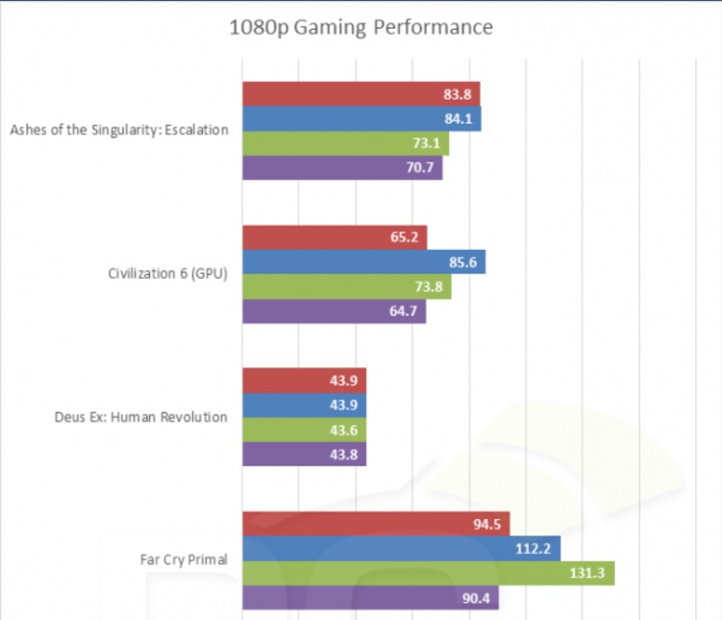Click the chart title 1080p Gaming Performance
(x=361, y=27)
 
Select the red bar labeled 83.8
(x=361, y=93)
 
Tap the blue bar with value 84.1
(x=361, y=118)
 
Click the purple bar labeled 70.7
(x=342, y=168)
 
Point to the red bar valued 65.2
(x=335, y=237)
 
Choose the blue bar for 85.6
(x=363, y=262)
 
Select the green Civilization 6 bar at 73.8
(x=346, y=287)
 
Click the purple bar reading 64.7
(x=334, y=311)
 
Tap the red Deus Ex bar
(x=304, y=381)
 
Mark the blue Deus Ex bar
(x=304, y=406)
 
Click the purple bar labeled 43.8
(x=304, y=455)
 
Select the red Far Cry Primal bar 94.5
(x=375, y=524)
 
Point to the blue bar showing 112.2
(x=401, y=549)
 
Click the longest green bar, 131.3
(x=428, y=574)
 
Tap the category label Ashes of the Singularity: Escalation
(x=119, y=131)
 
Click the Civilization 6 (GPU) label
(x=168, y=274)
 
